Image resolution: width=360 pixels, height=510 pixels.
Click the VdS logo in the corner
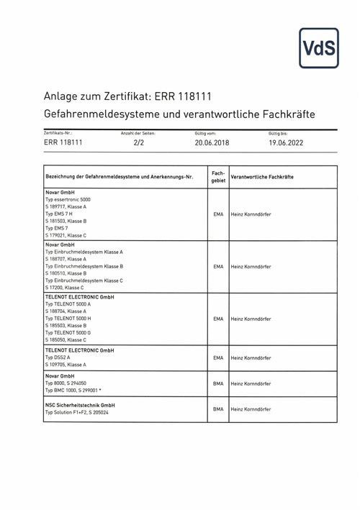point(319,48)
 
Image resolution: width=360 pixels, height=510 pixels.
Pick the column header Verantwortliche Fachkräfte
point(262,177)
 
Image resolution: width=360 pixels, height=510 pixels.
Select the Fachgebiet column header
point(218,177)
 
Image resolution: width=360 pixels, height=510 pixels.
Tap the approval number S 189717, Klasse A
point(66,206)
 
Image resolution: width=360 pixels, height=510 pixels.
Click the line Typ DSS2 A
point(58,357)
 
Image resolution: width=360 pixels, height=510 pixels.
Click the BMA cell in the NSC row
point(218,409)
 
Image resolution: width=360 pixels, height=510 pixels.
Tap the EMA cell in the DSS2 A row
point(218,358)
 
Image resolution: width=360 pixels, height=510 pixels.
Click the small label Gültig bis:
point(278,133)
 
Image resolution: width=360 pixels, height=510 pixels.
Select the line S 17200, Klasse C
point(65,286)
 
